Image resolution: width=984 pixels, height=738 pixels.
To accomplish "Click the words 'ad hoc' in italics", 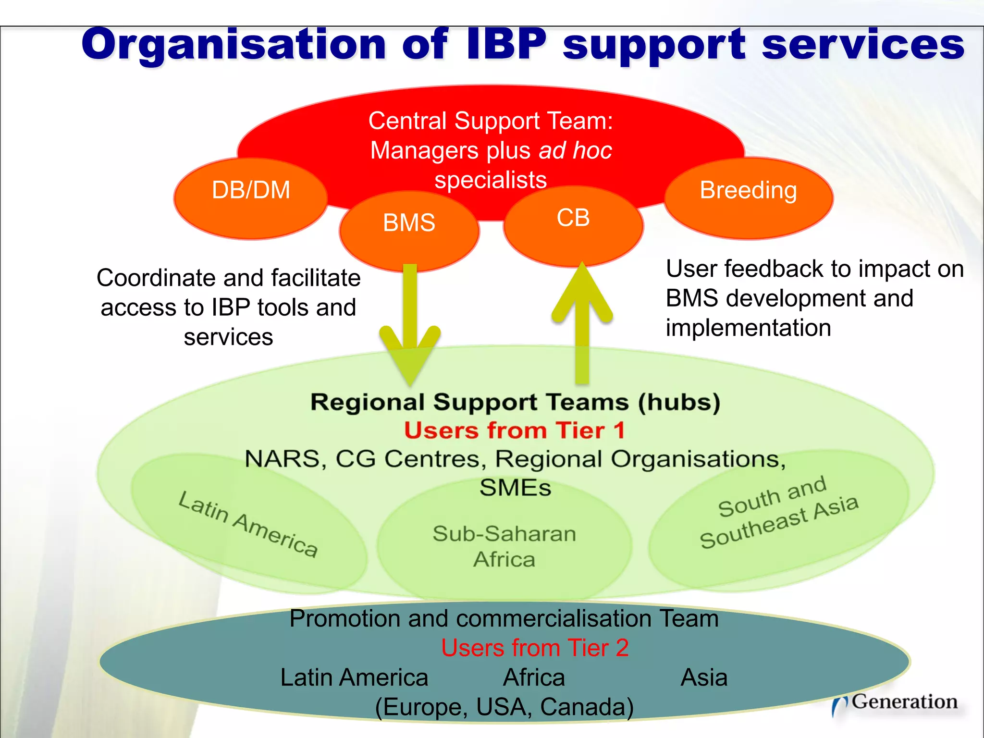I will (x=575, y=150).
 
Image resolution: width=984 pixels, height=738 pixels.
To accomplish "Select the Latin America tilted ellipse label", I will (x=248, y=524).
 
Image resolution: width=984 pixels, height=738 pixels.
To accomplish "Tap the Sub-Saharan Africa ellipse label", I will (x=504, y=546).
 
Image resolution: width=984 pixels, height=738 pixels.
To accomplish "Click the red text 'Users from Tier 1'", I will (x=515, y=430).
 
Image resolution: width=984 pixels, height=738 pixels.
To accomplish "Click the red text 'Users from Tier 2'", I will (x=535, y=648).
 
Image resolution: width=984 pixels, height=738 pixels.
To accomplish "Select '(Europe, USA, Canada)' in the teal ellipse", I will (x=504, y=707).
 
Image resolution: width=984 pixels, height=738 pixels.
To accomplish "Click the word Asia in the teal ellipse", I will (x=704, y=677).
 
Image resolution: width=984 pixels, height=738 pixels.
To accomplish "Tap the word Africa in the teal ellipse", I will (x=534, y=677).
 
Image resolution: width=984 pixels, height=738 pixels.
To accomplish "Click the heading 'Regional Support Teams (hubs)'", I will (x=515, y=402).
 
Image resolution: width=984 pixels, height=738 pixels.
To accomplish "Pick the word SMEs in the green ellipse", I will (x=515, y=488).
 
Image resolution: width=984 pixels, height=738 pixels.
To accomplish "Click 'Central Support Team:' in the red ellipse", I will (x=491, y=121).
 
